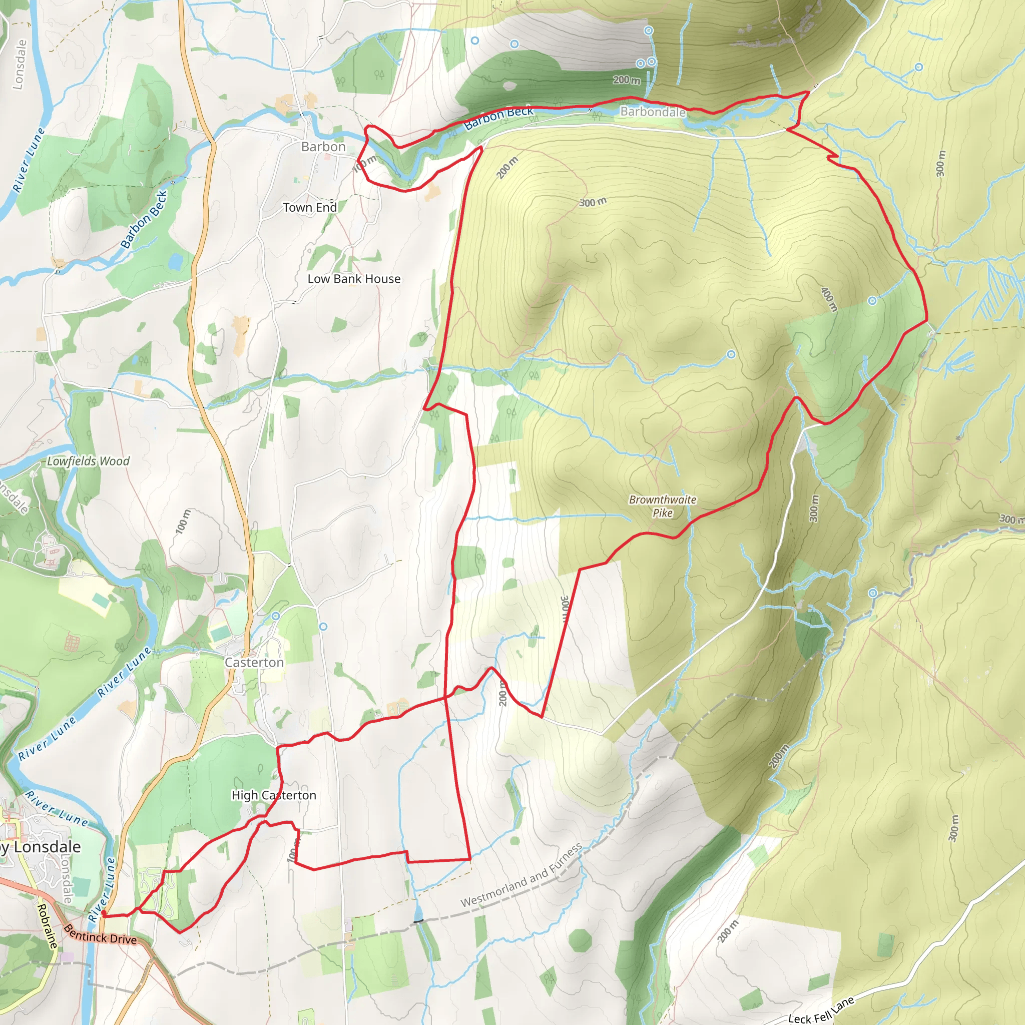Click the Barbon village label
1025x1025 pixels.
(323, 147)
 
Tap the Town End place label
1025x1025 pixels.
(310, 207)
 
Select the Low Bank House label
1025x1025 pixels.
(354, 279)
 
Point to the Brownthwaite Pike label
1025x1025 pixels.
(662, 505)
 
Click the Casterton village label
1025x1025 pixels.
(254, 662)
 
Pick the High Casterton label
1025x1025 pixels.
(274, 795)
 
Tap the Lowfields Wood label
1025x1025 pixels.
(88, 461)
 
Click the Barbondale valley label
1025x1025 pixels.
(653, 112)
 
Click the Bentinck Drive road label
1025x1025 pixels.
(100, 934)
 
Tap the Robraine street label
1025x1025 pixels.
(47, 926)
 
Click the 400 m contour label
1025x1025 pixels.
(829, 299)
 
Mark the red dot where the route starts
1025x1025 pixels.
(104, 913)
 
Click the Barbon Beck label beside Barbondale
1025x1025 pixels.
(498, 118)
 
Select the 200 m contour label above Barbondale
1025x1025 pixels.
(627, 80)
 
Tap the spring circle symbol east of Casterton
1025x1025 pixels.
(323, 627)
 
